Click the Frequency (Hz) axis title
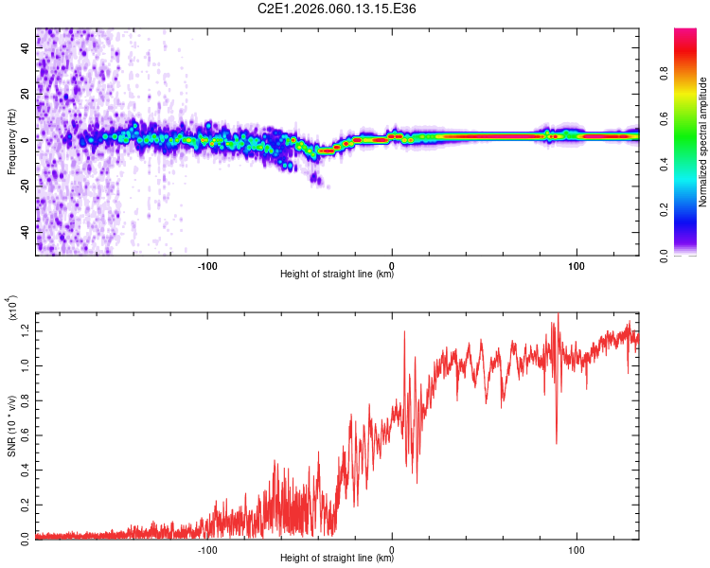coord(11,142)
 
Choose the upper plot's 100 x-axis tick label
coord(576,264)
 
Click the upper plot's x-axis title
coord(337,275)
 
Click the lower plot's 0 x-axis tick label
coord(392,548)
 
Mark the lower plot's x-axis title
coord(337,559)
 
